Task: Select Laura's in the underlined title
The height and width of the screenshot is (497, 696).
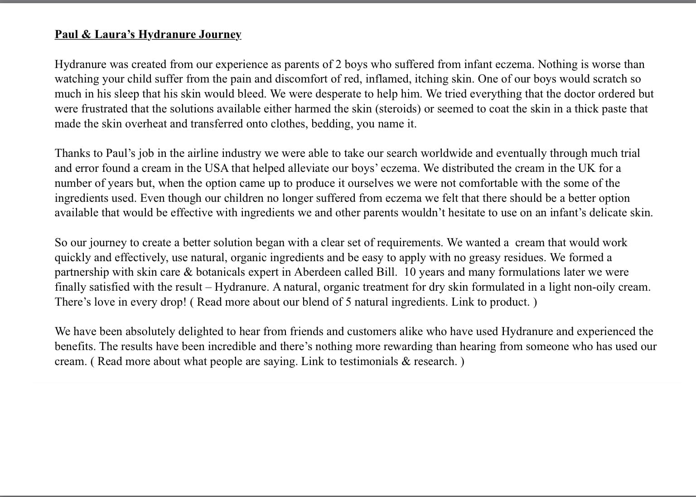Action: (x=114, y=34)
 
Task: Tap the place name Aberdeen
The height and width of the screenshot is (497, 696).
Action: (x=317, y=272)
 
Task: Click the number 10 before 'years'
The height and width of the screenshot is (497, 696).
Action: (x=410, y=272)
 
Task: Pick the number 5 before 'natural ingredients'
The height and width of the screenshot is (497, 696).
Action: (x=348, y=302)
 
